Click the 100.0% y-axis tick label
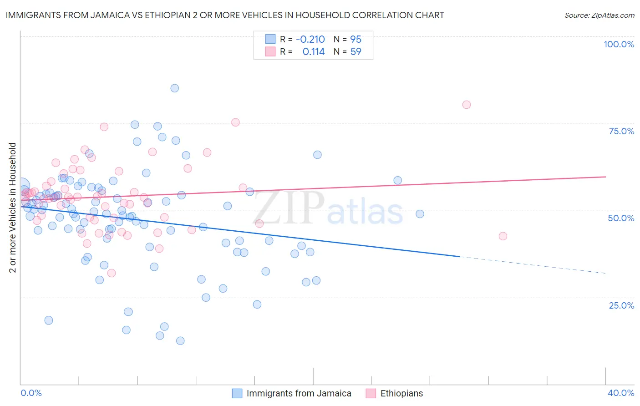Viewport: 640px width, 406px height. [x=619, y=44]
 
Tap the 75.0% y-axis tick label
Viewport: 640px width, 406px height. [x=621, y=131]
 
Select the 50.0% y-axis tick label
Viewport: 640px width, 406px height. [x=621, y=218]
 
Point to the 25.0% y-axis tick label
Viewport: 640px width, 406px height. [x=621, y=305]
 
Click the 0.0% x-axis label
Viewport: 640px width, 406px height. [x=31, y=393]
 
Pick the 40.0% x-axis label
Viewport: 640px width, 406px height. [x=621, y=393]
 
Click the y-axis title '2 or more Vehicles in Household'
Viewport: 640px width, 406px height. [x=13, y=208]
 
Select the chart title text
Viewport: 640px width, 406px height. [x=225, y=15]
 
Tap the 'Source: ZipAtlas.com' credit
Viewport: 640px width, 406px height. [x=599, y=15]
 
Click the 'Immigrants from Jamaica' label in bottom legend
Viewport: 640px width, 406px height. [x=299, y=393]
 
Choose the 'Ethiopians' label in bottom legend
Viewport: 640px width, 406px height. [x=401, y=393]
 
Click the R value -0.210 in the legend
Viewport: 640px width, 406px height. [x=310, y=39]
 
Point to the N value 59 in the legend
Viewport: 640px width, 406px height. [x=356, y=52]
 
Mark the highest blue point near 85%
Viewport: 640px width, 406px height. [x=174, y=88]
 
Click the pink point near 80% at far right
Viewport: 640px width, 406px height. [x=466, y=105]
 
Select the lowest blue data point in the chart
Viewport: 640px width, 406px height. [x=180, y=341]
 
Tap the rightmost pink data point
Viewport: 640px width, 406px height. [x=503, y=236]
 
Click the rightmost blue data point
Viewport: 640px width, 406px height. [x=420, y=214]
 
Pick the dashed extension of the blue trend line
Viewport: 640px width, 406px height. [x=533, y=265]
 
